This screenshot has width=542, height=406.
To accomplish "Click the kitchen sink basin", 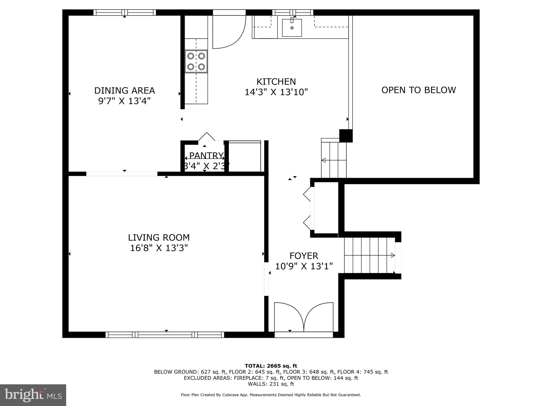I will (292, 28).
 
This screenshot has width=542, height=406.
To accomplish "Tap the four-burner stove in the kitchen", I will (196, 61).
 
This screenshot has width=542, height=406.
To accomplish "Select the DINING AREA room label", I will (124, 91).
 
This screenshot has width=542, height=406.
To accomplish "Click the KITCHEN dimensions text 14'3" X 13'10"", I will (276, 92).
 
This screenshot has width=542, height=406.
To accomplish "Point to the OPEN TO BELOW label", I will (418, 90).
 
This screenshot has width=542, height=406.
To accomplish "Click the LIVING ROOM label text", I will (159, 238).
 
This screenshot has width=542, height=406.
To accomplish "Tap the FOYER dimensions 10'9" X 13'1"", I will (304, 266).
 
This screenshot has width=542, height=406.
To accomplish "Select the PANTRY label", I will (206, 155).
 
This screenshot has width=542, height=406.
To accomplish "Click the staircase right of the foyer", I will (369, 255).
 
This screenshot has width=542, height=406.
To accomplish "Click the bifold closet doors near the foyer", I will (308, 209).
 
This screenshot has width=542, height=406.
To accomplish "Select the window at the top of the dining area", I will (124, 12).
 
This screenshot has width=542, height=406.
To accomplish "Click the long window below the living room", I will (165, 335).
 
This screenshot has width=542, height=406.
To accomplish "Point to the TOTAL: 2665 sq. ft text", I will (271, 366).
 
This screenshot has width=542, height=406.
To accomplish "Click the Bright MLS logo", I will (33, 395).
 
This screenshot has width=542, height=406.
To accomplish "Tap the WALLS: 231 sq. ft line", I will (271, 384).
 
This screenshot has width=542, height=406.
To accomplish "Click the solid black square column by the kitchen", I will (346, 136).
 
